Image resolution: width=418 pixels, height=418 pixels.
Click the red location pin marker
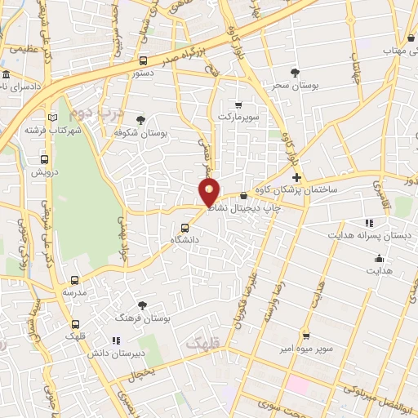[x=210, y=193]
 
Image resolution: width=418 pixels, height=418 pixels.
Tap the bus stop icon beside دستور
[x=144, y=60]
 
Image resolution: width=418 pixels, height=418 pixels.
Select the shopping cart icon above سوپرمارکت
[x=238, y=105]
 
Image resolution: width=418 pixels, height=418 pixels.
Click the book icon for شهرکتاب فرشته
[x=53, y=118]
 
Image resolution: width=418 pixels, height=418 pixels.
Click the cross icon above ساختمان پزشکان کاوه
[x=296, y=177]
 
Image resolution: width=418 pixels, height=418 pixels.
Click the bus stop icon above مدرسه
[x=75, y=280]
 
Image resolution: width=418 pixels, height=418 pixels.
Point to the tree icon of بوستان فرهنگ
[x=144, y=305]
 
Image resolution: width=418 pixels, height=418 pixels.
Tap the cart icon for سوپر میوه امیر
[x=306, y=335]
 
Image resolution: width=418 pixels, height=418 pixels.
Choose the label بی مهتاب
[x=387, y=50]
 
